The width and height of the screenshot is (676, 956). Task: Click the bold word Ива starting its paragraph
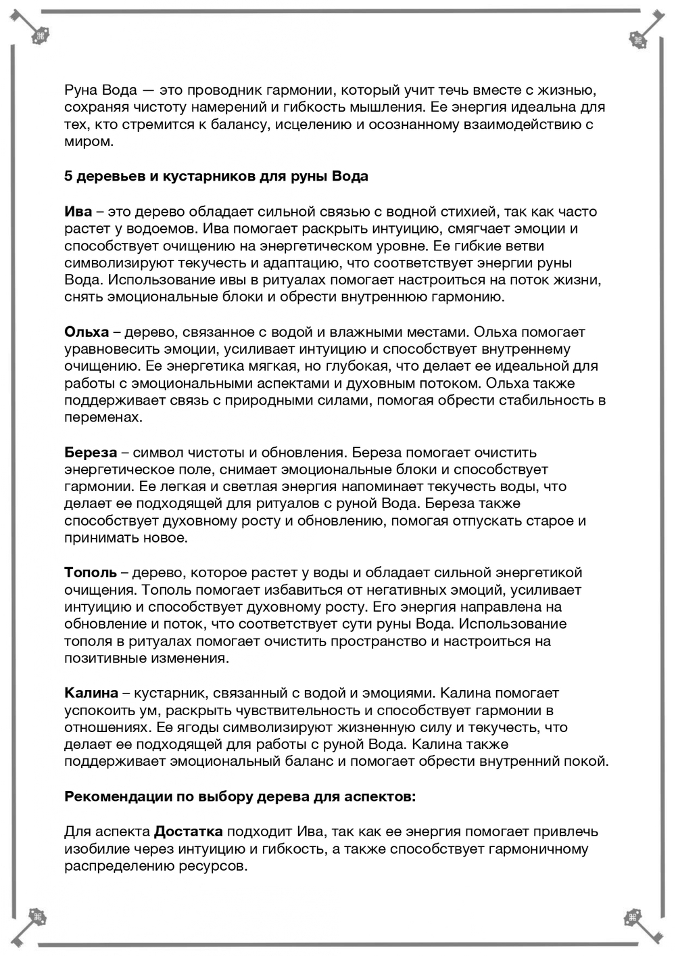click(x=78, y=212)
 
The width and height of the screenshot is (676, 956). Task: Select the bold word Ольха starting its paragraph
click(x=87, y=332)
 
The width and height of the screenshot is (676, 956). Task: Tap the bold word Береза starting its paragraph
click(x=91, y=453)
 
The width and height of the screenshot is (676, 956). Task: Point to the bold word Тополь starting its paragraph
click(x=91, y=573)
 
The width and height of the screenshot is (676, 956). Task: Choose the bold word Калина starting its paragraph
click(x=91, y=693)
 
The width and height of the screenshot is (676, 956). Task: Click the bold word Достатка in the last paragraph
click(x=189, y=832)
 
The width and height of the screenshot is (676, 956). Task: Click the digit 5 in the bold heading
click(x=68, y=177)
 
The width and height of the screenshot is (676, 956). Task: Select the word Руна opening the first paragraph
click(x=82, y=91)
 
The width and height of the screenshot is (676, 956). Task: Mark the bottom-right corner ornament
click(x=634, y=918)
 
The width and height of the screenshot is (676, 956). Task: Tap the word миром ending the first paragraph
click(x=87, y=142)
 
